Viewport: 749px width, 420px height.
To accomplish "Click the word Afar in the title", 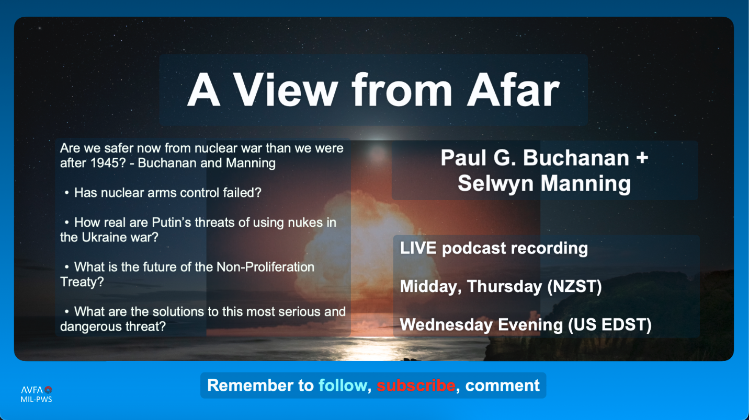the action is [x=513, y=90].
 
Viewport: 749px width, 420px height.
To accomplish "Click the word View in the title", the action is [x=285, y=90].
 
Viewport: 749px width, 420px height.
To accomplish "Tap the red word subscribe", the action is [x=416, y=386].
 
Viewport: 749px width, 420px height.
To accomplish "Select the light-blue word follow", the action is [x=343, y=386].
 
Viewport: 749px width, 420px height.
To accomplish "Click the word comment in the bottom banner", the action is [x=502, y=386].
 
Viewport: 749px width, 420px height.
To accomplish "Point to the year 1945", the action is [x=101, y=163].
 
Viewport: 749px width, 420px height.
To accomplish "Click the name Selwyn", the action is [x=495, y=184].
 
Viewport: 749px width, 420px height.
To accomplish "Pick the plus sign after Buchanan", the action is [x=642, y=158].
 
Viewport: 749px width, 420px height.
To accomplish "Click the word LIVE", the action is [x=418, y=248].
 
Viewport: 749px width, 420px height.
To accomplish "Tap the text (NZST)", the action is [x=574, y=286].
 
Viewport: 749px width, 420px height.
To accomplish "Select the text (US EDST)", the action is [x=610, y=325].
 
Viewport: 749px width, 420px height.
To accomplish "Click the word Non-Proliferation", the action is [x=266, y=267].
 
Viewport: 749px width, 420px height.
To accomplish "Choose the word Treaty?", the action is [x=82, y=282].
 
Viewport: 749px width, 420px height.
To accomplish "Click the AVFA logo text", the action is [x=32, y=390].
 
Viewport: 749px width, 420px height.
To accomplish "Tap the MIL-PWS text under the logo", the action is [x=36, y=399].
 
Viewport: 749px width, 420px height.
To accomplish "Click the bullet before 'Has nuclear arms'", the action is [x=67, y=193].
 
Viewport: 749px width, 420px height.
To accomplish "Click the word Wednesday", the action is [x=446, y=325].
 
